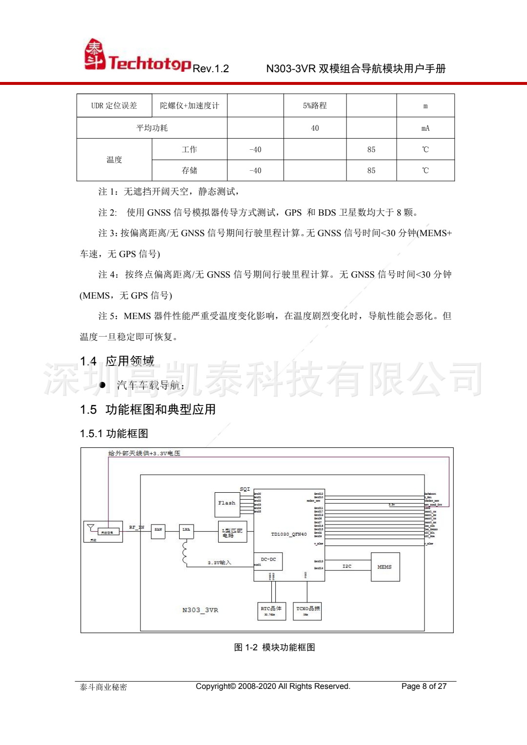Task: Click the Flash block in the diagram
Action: click(x=227, y=504)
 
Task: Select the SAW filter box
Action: click(x=158, y=530)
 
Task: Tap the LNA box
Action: click(x=186, y=530)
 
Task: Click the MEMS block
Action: click(x=385, y=567)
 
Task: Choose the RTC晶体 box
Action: click(x=271, y=610)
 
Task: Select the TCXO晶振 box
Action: click(x=307, y=610)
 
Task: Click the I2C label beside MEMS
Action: click(x=347, y=566)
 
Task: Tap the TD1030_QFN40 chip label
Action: click(x=289, y=534)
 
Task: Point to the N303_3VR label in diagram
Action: click(x=200, y=610)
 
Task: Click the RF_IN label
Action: click(x=137, y=527)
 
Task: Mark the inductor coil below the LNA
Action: click(x=184, y=552)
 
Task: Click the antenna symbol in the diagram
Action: click(x=91, y=527)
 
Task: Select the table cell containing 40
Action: click(x=315, y=128)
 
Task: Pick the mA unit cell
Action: click(x=425, y=128)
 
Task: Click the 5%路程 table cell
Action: click(x=315, y=106)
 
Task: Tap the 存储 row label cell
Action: click(x=189, y=171)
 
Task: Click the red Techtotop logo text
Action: click(x=149, y=63)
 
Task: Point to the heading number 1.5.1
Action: click(x=91, y=434)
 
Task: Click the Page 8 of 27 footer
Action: click(x=424, y=686)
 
